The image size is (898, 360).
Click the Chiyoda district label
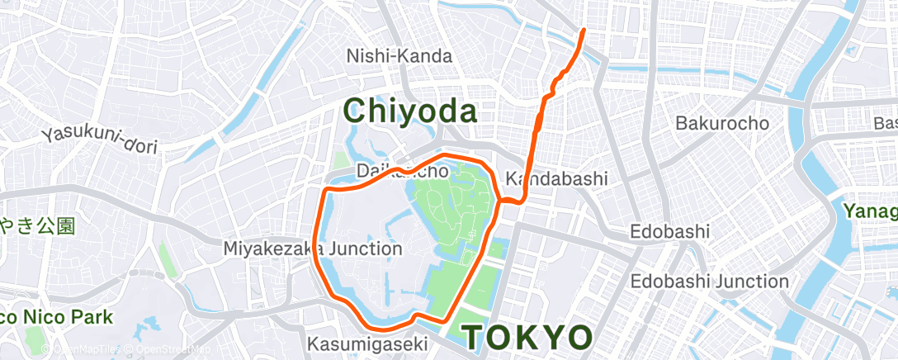pyautogui.click(x=410, y=110)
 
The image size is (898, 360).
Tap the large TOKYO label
pyautogui.click(x=527, y=338)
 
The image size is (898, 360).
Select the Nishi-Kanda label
pyautogui.click(x=399, y=56)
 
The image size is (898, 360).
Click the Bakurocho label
pyautogui.click(x=722, y=123)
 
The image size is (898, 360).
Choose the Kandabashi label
pyautogui.click(x=556, y=178)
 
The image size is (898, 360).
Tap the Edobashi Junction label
pyautogui.click(x=709, y=282)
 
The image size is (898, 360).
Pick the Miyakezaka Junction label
pyautogui.click(x=313, y=248)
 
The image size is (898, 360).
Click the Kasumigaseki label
pyautogui.click(x=366, y=343)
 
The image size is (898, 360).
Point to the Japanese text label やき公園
pyautogui.click(x=37, y=225)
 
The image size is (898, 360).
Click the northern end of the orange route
pyautogui.click(x=584, y=30)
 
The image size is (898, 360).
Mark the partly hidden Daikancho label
pyautogui.click(x=403, y=172)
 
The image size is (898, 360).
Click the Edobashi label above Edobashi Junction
pyautogui.click(x=669, y=231)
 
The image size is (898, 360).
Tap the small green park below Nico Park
pyautogui.click(x=35, y=339)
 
